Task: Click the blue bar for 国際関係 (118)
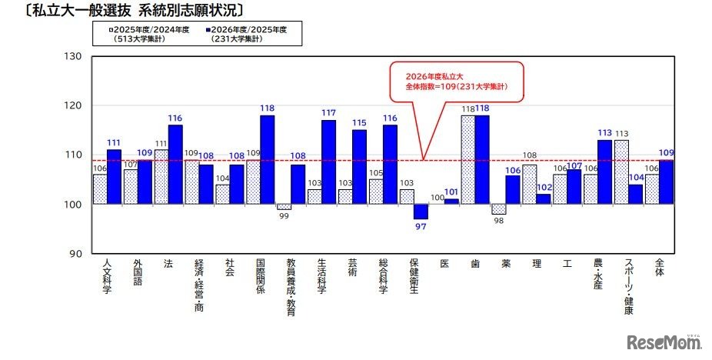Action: (267, 159)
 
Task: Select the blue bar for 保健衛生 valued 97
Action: (421, 212)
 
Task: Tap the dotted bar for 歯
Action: (467, 159)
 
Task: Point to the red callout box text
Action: (457, 82)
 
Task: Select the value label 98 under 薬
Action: (498, 222)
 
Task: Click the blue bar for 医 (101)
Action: (451, 202)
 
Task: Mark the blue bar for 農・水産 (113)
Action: (605, 172)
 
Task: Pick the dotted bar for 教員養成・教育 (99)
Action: (283, 207)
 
